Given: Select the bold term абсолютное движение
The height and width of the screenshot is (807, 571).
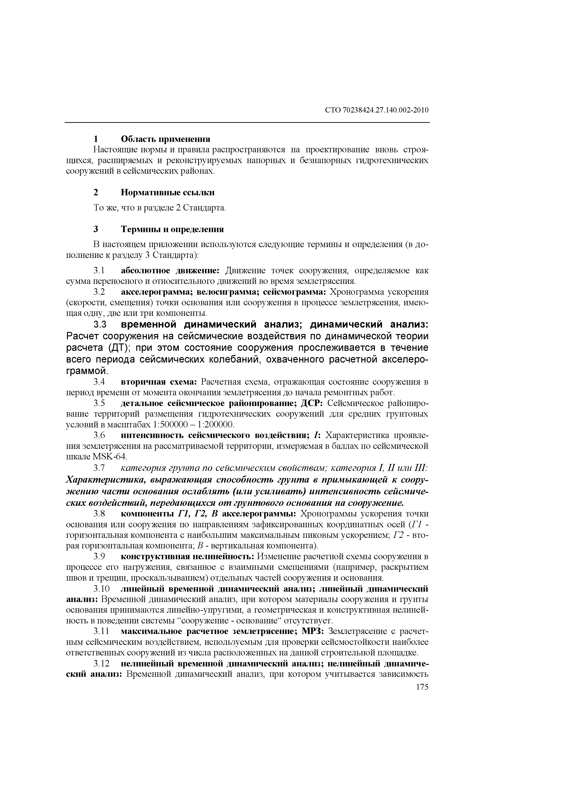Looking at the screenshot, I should tap(170, 271).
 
